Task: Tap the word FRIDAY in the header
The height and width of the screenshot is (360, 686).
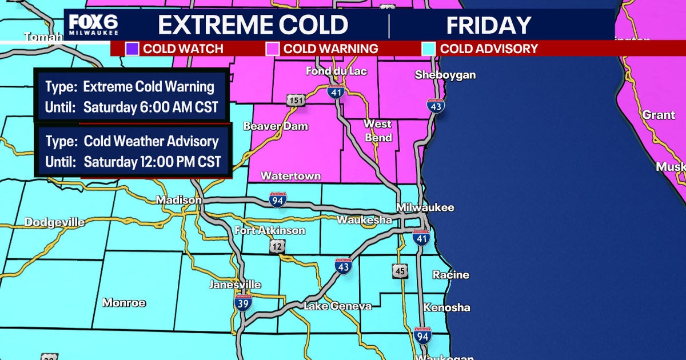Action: (488, 26)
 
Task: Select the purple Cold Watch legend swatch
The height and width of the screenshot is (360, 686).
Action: (132, 49)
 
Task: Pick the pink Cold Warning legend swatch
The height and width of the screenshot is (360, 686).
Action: (273, 49)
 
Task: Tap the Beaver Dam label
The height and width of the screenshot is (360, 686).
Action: (276, 126)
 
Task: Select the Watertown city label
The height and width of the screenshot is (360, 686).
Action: (291, 176)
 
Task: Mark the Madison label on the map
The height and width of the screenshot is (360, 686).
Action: (179, 200)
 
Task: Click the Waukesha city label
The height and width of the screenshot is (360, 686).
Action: (364, 220)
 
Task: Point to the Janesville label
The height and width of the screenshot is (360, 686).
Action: (235, 285)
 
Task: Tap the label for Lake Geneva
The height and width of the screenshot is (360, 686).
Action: (337, 306)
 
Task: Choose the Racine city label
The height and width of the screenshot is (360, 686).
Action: (450, 275)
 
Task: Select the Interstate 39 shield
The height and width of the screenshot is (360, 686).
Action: (243, 303)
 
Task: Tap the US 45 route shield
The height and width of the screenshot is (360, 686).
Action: (400, 271)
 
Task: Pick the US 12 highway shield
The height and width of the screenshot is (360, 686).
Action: (277, 246)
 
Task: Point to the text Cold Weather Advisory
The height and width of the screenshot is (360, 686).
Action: (151, 141)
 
